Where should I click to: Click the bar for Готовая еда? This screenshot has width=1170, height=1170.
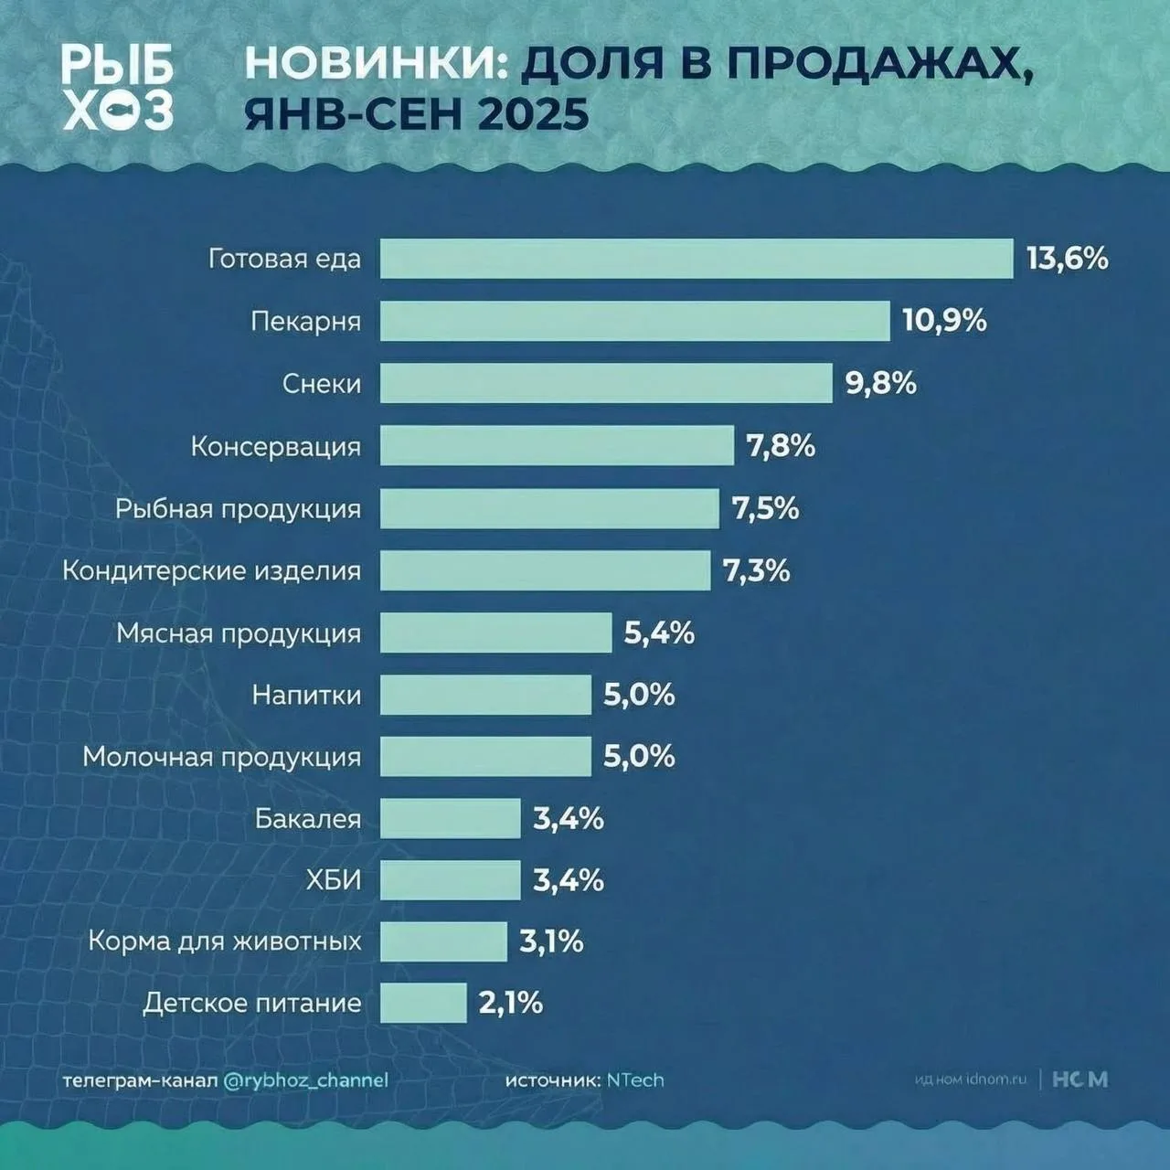[x=697, y=259]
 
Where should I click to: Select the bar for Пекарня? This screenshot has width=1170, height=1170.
[x=635, y=321]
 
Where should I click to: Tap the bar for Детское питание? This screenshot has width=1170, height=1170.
[x=423, y=1003]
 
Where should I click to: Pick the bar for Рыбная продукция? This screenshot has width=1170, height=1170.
[x=549, y=508]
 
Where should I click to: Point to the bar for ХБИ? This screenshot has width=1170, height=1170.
[x=450, y=880]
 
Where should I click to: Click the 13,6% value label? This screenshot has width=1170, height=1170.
[x=1068, y=259]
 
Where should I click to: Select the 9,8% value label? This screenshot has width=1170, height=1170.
[x=881, y=383]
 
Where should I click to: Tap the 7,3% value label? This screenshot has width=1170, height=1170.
[x=757, y=571]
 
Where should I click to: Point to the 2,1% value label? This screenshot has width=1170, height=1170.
[x=511, y=1003]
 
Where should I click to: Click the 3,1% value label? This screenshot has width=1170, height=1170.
[x=551, y=941]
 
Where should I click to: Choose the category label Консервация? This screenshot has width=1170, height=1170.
[x=276, y=447]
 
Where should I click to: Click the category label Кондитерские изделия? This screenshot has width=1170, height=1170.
[x=212, y=571]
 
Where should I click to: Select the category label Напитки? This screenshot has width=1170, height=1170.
[x=307, y=696]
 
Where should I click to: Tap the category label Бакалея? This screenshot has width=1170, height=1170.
[x=308, y=819]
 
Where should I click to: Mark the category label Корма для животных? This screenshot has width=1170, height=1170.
[x=225, y=941]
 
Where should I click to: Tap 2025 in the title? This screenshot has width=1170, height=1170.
[x=533, y=115]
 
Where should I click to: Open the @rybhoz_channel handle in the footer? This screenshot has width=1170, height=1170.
[x=305, y=1080]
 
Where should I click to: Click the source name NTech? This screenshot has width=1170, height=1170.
[x=635, y=1080]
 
